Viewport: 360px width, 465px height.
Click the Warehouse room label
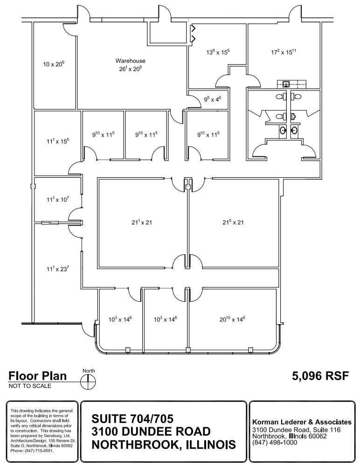click(131, 61)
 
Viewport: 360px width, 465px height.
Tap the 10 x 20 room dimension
click(54, 64)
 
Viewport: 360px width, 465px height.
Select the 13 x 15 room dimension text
click(218, 52)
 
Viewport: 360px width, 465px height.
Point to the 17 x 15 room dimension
click(284, 52)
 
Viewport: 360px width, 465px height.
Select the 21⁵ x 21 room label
click(233, 222)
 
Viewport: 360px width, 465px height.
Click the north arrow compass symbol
click(88, 382)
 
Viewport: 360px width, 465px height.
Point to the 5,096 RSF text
click(320, 376)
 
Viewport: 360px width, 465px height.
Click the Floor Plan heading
click(37, 376)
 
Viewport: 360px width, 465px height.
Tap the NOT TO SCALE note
click(30, 386)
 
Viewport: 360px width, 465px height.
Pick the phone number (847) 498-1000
click(275, 443)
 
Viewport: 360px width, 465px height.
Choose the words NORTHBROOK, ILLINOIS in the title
click(163, 444)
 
